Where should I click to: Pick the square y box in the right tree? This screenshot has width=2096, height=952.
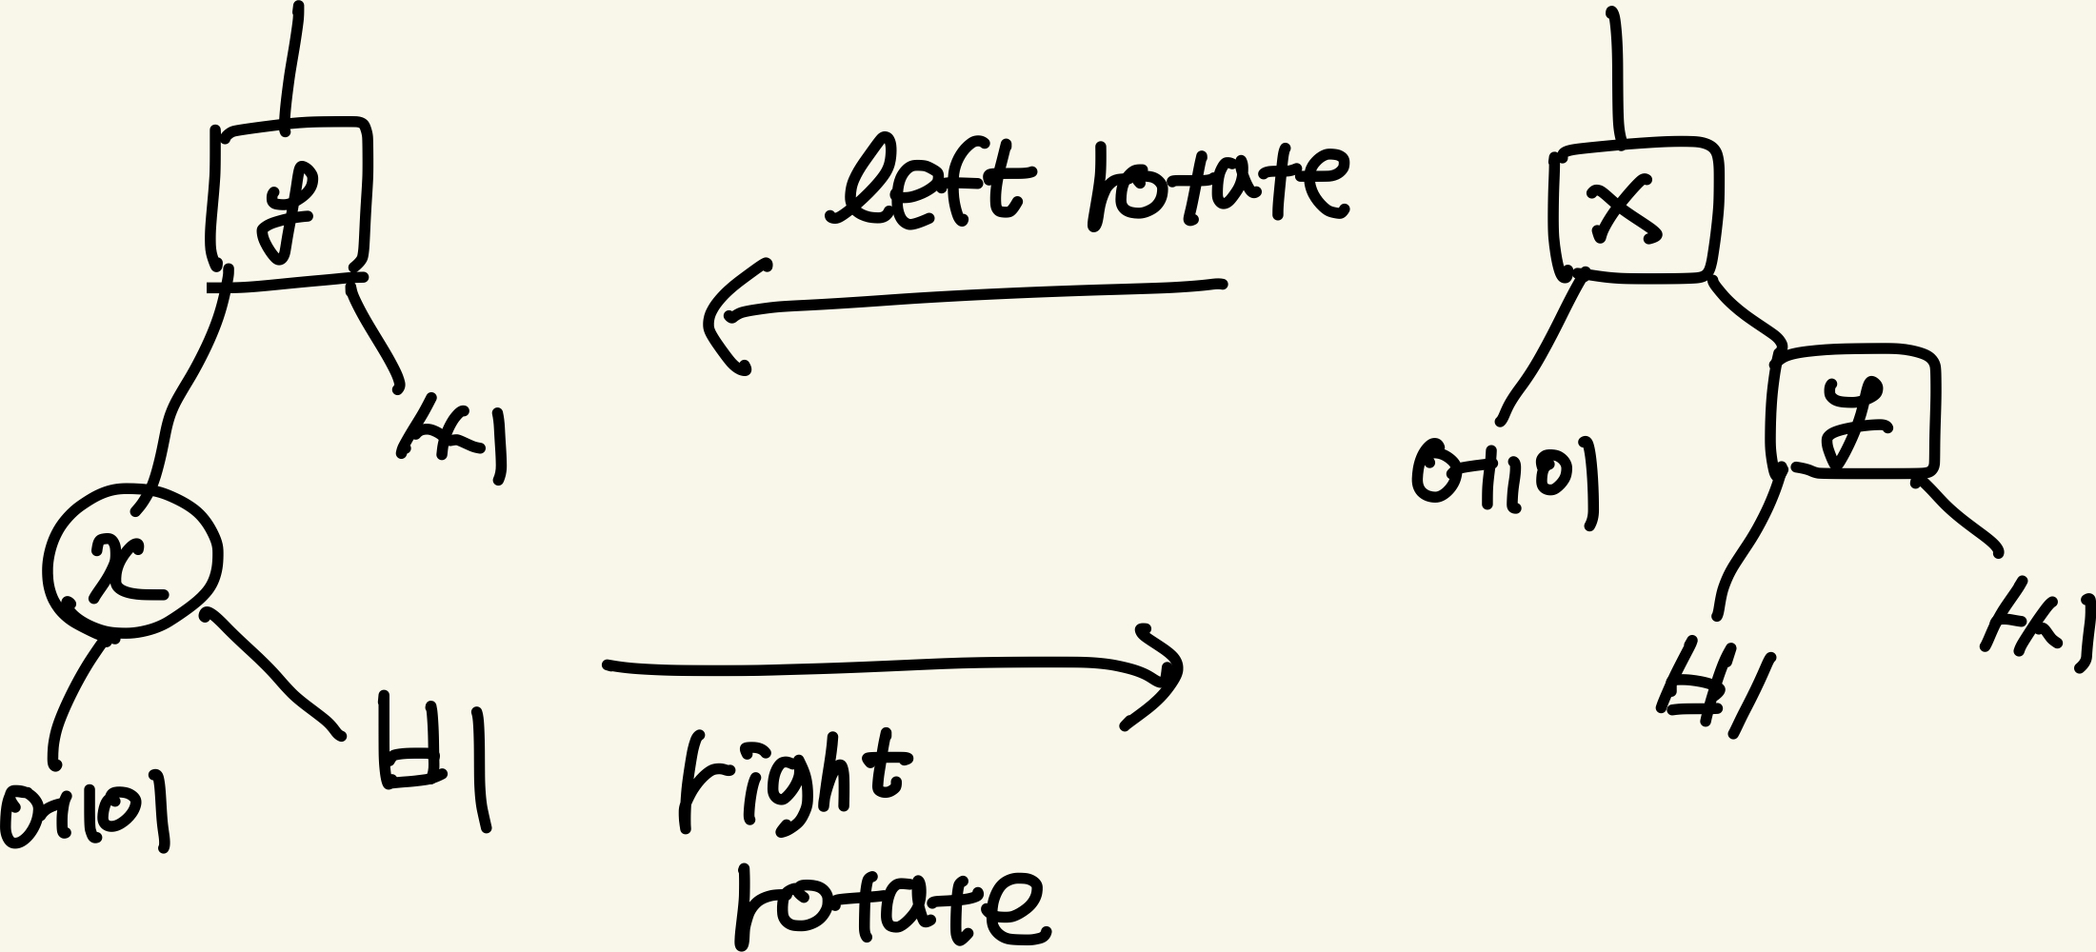pyautogui.click(x=1852, y=412)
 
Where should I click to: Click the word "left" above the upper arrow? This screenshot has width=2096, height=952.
pyautogui.click(x=928, y=183)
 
